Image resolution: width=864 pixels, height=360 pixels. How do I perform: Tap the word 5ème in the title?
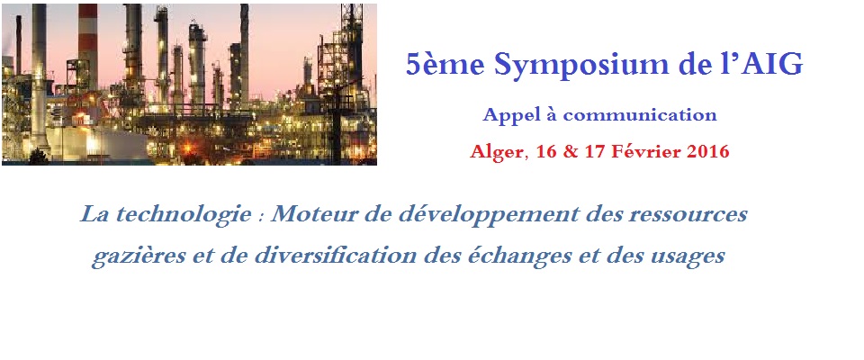(x=445, y=65)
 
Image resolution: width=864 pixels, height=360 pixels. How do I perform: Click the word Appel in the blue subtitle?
(x=507, y=116)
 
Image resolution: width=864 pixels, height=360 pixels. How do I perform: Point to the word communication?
(x=640, y=115)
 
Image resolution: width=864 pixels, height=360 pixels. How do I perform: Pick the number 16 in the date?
(x=546, y=151)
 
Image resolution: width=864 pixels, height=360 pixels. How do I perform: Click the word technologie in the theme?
(x=181, y=214)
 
